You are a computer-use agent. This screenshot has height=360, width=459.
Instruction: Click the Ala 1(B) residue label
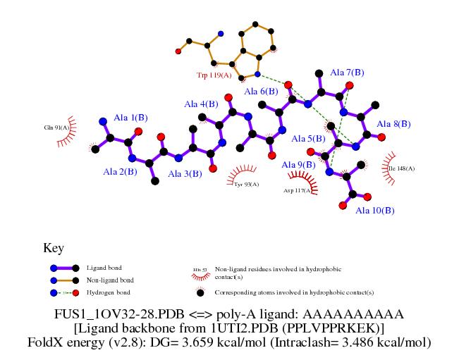(131, 118)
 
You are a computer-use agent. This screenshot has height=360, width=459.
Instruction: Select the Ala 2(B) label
(120, 171)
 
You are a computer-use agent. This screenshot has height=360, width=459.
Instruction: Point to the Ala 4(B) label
(201, 104)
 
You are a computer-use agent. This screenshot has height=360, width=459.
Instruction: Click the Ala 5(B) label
(307, 138)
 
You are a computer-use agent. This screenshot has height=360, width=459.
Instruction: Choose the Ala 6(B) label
(261, 92)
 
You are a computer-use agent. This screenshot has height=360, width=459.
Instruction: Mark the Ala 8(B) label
(393, 125)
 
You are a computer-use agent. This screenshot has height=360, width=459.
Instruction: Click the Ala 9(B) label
(299, 166)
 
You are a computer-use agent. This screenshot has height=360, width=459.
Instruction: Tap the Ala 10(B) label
(374, 210)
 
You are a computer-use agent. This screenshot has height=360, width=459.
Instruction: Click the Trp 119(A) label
(214, 75)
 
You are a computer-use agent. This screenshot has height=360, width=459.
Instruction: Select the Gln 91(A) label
(56, 128)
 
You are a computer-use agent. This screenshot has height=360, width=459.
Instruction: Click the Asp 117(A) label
(297, 190)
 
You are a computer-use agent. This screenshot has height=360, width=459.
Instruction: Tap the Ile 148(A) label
(402, 168)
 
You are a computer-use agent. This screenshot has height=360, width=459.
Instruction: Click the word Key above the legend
(54, 248)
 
